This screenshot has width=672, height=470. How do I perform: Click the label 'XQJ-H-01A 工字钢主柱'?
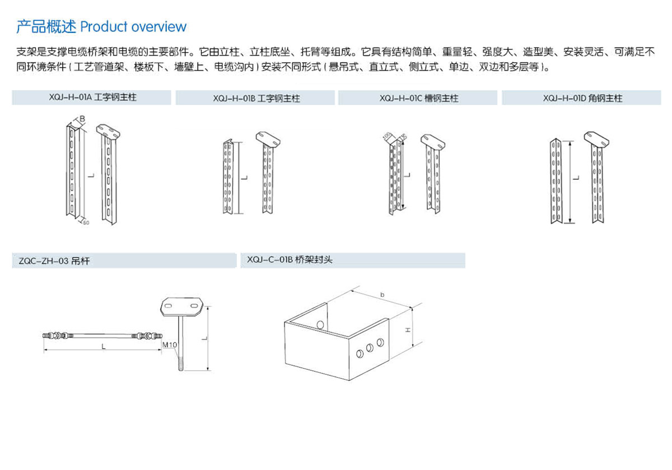tap(93, 97)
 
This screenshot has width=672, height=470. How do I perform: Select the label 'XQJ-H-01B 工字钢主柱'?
tap(256, 99)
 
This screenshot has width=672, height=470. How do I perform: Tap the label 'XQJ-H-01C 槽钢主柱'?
tap(419, 99)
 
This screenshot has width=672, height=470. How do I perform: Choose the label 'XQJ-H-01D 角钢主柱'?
tap(582, 99)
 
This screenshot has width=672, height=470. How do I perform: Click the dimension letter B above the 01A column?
tap(82, 119)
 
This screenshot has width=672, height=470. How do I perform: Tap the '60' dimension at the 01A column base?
tap(86, 222)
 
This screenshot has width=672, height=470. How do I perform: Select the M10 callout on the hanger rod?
tap(169, 345)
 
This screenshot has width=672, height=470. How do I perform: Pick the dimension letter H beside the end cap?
tap(409, 330)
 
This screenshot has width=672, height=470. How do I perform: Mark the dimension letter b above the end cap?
tap(382, 294)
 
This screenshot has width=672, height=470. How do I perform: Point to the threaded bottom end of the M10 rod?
tap(181, 364)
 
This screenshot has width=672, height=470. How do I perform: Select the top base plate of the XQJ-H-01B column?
tap(268, 137)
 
